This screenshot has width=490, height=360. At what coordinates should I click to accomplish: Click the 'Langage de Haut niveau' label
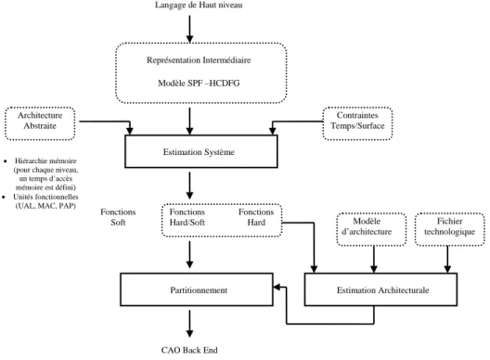click(199, 5)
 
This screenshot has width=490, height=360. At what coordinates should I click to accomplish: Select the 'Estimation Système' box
click(201, 151)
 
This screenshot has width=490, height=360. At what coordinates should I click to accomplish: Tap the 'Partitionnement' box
click(197, 289)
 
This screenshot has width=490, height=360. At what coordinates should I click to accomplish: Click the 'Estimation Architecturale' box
click(380, 289)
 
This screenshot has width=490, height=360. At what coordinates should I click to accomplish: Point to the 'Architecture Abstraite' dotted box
click(40, 123)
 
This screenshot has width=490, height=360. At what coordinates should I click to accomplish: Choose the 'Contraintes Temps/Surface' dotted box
click(357, 123)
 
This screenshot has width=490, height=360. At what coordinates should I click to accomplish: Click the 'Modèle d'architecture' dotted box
click(371, 229)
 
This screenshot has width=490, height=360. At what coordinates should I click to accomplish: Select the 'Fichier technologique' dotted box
click(450, 229)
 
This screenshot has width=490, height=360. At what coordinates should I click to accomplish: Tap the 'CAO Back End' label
click(189, 350)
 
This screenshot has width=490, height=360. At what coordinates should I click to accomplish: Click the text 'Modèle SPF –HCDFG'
click(199, 84)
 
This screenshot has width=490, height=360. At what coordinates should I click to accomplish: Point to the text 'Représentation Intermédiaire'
click(199, 60)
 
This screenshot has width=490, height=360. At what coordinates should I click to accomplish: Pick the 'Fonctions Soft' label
click(118, 217)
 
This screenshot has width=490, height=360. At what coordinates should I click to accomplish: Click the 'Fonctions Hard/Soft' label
click(187, 217)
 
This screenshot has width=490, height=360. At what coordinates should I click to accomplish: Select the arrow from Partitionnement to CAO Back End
click(189, 324)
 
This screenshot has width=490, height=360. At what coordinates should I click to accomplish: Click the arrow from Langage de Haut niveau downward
click(189, 29)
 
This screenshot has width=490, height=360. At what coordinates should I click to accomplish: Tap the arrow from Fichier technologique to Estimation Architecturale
click(447, 259)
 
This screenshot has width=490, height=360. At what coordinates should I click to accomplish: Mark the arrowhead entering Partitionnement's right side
click(277, 287)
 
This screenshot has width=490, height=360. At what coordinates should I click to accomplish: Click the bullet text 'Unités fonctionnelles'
click(45, 197)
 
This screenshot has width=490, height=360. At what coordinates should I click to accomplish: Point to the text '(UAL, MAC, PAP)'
click(45, 206)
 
